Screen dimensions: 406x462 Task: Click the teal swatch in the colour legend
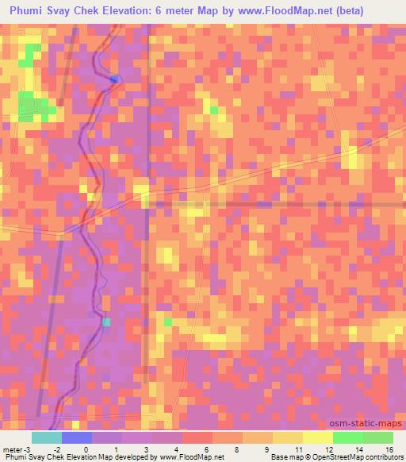(47, 437)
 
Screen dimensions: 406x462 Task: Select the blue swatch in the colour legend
(77, 437)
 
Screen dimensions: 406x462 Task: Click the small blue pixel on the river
(115, 79)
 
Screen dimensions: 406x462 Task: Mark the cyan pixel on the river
(106, 321)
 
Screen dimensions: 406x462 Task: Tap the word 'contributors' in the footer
(384, 457)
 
